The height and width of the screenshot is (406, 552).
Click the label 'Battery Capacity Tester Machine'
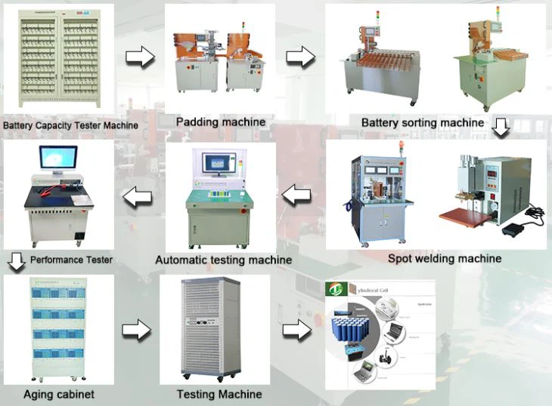(70, 125)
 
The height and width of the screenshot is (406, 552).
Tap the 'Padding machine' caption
(221, 121)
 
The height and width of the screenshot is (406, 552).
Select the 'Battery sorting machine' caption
(423, 122)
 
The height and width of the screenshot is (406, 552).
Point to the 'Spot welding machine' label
(445, 258)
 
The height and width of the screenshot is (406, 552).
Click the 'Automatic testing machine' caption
(223, 260)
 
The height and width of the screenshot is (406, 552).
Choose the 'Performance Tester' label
(72, 260)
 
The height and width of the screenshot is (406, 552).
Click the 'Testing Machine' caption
(219, 394)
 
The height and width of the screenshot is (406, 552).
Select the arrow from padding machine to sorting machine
(300, 57)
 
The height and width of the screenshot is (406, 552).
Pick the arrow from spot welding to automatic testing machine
(297, 195)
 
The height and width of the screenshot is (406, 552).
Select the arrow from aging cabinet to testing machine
(137, 329)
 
